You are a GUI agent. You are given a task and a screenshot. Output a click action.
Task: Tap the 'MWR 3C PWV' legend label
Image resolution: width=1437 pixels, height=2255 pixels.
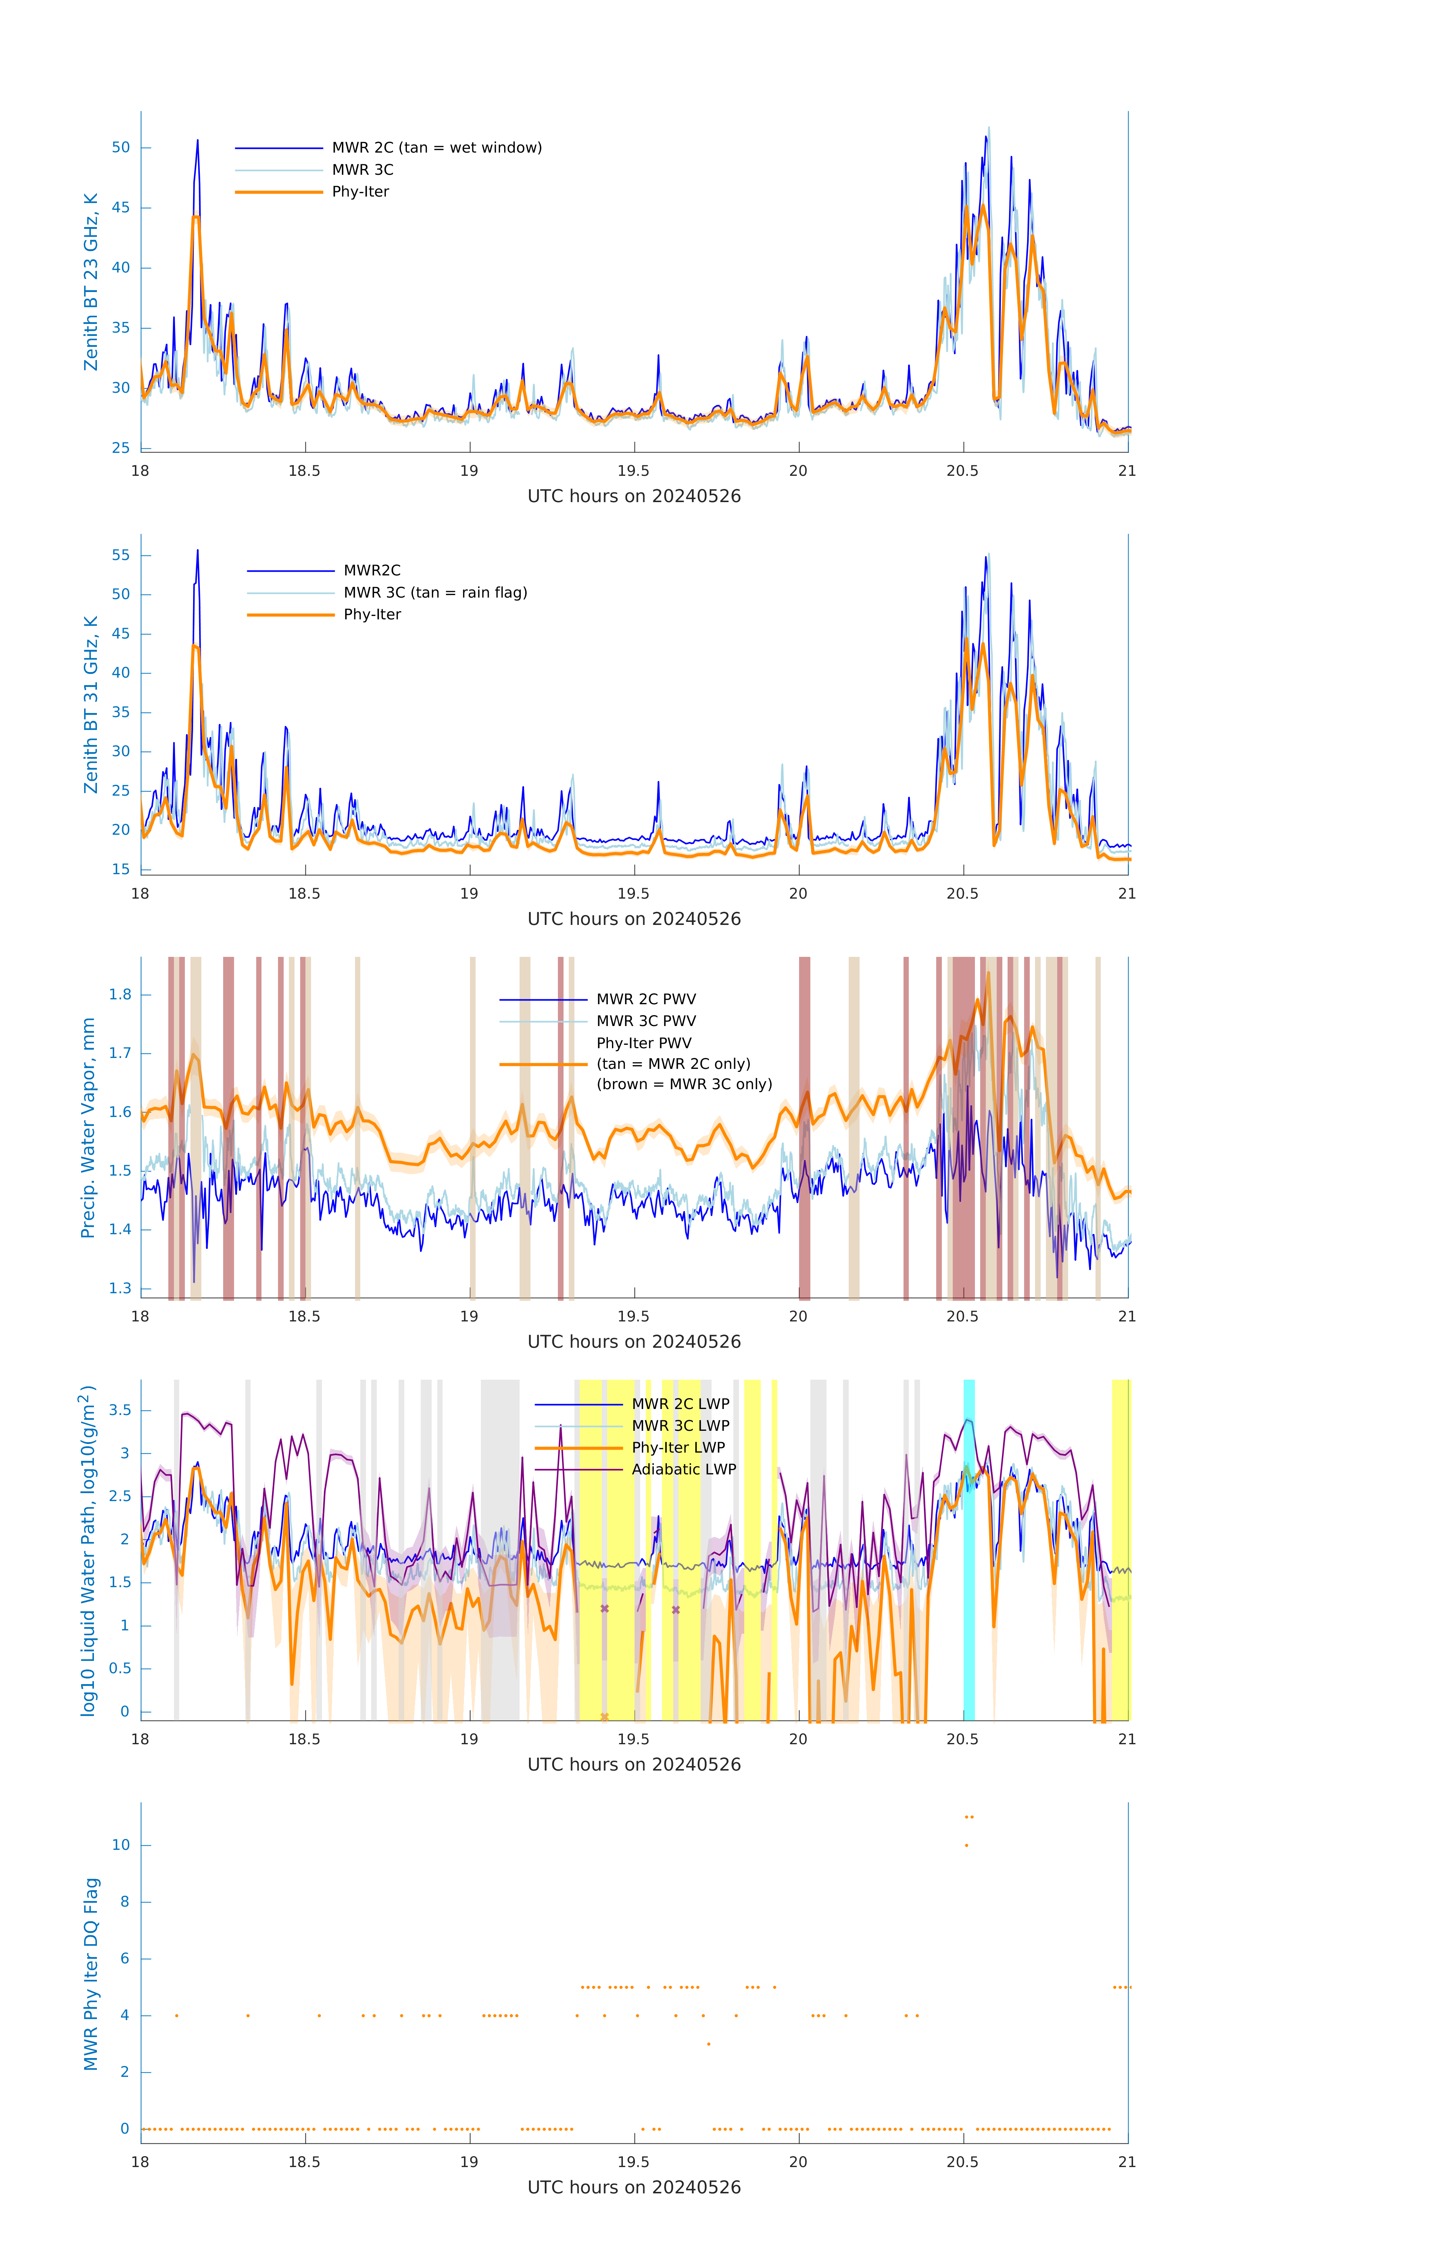(x=646, y=1021)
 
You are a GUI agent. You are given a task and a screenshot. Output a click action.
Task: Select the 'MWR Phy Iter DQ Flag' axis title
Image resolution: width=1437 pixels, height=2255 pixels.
(x=91, y=1974)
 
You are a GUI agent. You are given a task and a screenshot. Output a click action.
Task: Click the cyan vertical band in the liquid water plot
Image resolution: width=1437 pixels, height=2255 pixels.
(x=969, y=1550)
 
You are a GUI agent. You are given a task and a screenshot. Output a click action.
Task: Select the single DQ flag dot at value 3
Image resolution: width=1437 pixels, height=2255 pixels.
(x=709, y=2044)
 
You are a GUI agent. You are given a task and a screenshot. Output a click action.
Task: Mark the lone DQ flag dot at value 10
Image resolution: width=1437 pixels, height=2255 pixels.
(x=966, y=1846)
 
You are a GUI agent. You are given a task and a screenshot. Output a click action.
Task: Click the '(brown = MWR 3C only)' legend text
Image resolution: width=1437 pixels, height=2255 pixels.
(x=685, y=1084)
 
